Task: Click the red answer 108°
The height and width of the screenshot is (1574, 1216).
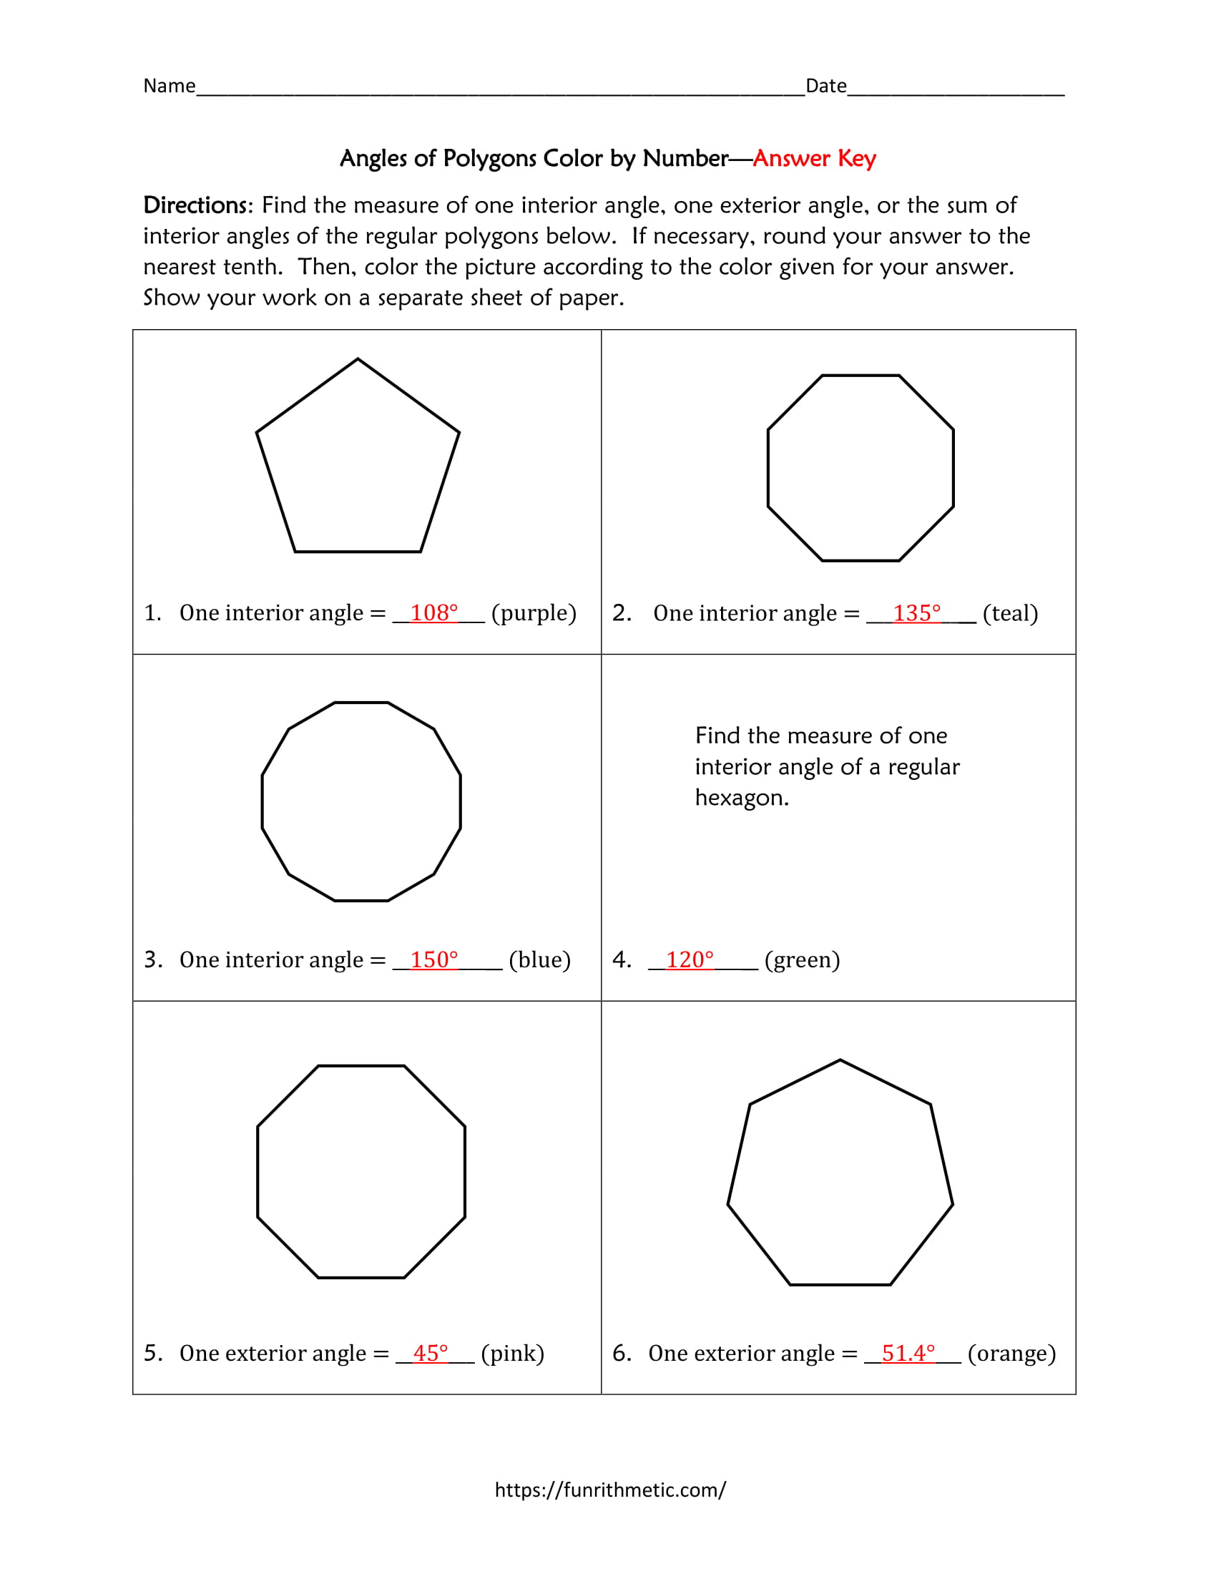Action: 433,612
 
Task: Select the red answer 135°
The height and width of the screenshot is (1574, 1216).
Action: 916,613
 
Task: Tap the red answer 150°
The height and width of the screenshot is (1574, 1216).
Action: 433,960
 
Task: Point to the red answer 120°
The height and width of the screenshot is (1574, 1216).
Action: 690,960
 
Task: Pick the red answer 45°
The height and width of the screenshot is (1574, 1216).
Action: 430,1354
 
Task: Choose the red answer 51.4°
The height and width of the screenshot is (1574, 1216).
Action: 908,1354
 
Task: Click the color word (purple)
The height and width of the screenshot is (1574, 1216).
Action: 534,613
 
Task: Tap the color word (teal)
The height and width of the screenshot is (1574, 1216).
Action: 1010,613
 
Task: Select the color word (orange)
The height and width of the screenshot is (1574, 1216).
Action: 1011,1354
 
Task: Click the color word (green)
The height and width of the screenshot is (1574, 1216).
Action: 802,960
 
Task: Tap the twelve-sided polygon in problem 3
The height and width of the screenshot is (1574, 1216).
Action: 361,801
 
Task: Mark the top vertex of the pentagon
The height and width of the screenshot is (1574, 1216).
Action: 358,360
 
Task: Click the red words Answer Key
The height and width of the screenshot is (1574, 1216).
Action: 814,159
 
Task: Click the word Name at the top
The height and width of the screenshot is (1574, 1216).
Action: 170,86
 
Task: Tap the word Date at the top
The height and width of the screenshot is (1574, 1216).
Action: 825,86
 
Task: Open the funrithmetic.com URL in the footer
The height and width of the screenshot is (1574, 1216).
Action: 610,1490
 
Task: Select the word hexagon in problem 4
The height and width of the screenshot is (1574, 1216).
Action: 741,798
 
